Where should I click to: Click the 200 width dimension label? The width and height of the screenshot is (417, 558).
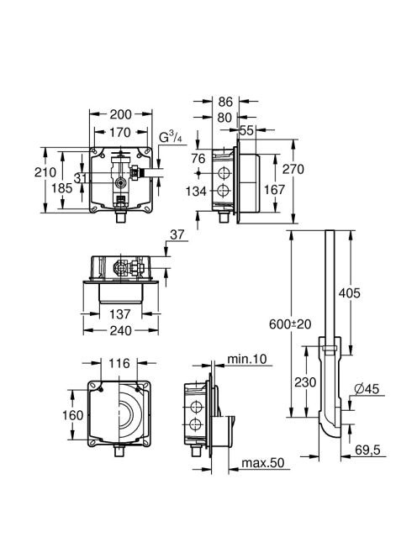pos(120,114)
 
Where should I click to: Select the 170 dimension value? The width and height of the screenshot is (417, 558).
pos(120,133)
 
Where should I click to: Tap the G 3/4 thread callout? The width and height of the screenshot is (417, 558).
pos(170,137)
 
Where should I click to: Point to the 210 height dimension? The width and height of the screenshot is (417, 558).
pos(45,172)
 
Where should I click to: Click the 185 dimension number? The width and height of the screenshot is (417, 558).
pos(61,188)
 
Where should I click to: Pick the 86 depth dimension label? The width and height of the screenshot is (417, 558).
pos(225,102)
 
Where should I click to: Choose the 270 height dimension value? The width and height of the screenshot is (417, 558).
pos(293,170)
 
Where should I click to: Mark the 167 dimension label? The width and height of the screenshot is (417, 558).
pos(274,190)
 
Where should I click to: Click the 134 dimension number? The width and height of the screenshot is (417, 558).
pos(196,192)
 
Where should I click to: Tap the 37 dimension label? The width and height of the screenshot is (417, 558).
pos(177,234)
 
